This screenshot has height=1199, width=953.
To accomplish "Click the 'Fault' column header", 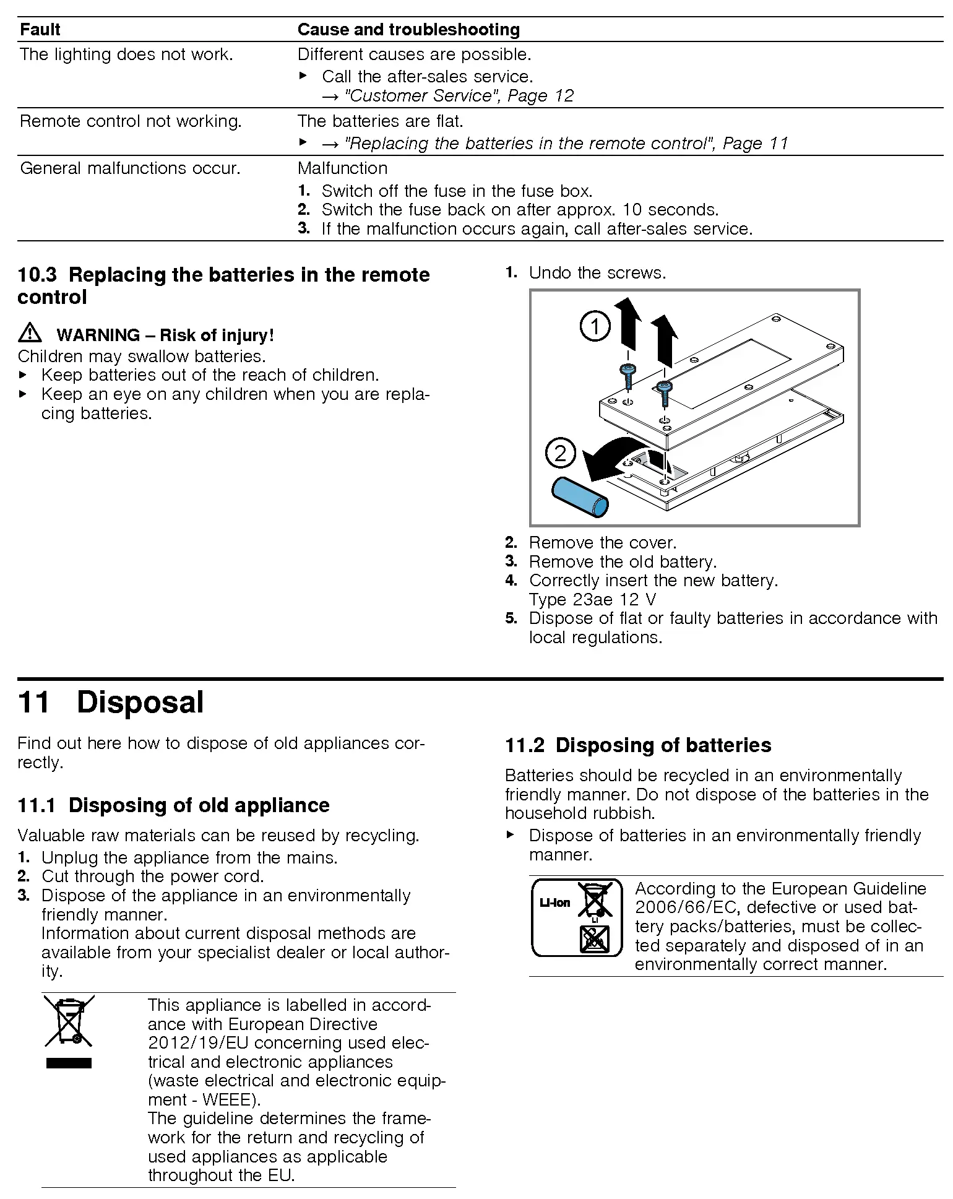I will (x=40, y=30).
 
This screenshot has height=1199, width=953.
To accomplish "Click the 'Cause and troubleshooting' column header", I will (x=408, y=30).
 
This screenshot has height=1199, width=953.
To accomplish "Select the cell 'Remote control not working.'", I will (x=131, y=121).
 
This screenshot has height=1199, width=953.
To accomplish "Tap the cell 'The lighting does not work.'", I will (x=126, y=54).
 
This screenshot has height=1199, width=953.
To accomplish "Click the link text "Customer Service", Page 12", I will (x=459, y=96).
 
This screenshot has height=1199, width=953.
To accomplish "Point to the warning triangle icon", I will (x=30, y=334).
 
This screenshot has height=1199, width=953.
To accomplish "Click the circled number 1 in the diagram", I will (x=595, y=326).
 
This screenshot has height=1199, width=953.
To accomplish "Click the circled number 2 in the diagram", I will (x=561, y=454).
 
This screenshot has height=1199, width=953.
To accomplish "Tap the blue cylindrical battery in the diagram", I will (x=580, y=496).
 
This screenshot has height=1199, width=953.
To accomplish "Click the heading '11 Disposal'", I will (x=111, y=703).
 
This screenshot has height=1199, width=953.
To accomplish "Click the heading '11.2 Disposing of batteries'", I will (x=638, y=745).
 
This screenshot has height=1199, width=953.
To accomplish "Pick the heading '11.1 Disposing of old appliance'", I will (x=173, y=805).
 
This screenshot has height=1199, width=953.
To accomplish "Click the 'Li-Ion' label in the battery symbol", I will (x=554, y=903).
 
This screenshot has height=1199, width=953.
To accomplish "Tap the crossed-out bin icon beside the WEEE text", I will (x=69, y=1022).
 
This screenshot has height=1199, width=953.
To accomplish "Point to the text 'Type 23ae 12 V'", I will (x=592, y=600).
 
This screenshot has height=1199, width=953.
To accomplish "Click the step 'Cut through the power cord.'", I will (x=152, y=877).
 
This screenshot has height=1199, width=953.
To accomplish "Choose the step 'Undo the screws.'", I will (x=597, y=273).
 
